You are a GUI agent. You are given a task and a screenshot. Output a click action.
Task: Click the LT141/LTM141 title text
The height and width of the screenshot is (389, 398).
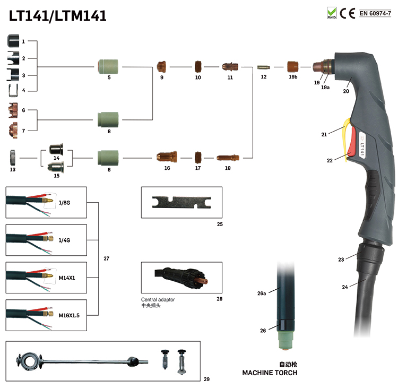pyautogui.click(x=58, y=16)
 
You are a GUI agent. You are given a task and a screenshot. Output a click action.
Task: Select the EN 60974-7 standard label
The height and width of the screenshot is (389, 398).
pyautogui.click(x=375, y=13)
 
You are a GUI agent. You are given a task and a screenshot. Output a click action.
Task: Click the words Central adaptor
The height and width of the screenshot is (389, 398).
pyautogui.click(x=158, y=299)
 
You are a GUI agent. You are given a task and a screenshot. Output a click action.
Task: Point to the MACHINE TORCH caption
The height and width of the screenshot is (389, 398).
pyautogui.click(x=270, y=373)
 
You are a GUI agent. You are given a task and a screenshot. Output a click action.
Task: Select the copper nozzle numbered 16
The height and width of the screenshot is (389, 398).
pyautogui.click(x=167, y=157)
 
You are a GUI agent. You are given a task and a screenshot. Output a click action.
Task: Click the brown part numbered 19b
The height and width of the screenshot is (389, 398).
pyautogui.click(x=292, y=67)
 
